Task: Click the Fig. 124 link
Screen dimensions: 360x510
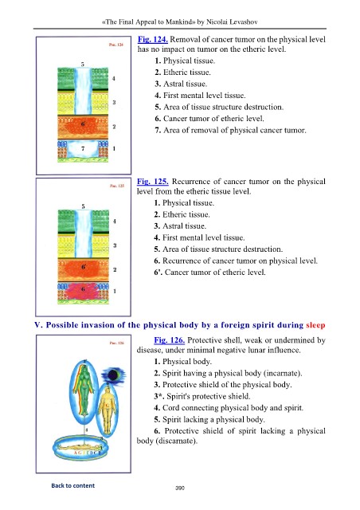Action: pyautogui.click(x=152, y=39)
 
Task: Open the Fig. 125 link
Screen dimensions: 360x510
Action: pyautogui.click(x=152, y=182)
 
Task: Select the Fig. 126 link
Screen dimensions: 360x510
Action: pyautogui.click(x=170, y=340)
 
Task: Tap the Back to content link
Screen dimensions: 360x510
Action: pyautogui.click(x=72, y=485)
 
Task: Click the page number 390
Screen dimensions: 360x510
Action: pyautogui.click(x=180, y=488)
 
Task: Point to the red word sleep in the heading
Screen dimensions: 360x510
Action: pyautogui.click(x=315, y=325)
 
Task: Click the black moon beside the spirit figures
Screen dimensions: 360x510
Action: pyautogui.click(x=113, y=375)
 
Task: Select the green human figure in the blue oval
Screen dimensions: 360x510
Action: pyautogui.click(x=84, y=389)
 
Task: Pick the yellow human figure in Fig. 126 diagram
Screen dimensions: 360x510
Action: pyautogui.click(x=108, y=409)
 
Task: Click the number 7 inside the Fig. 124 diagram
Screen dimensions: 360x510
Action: pyautogui.click(x=83, y=148)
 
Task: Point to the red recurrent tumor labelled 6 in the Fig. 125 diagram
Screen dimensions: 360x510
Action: pyautogui.click(x=84, y=291)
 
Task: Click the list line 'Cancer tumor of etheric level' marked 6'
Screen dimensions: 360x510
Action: pyautogui.click(x=209, y=273)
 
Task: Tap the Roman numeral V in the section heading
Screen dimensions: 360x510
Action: pyautogui.click(x=38, y=325)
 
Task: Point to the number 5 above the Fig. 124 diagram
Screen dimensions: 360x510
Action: pyautogui.click(x=83, y=64)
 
